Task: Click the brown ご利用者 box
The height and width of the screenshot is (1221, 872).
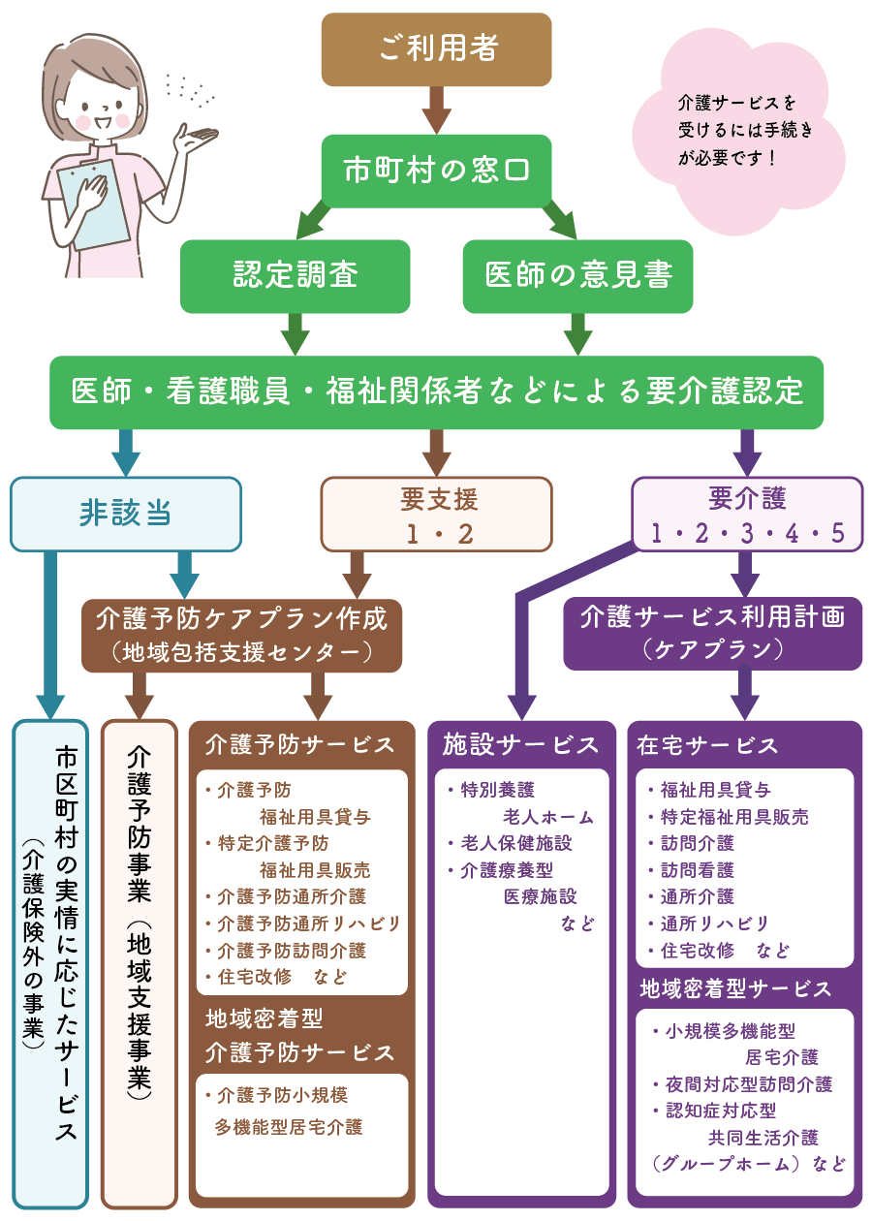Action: (436, 49)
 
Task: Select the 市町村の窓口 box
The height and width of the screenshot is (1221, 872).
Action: (436, 170)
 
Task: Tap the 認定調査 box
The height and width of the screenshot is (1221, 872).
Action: (296, 276)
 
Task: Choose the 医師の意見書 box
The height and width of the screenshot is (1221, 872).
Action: (577, 276)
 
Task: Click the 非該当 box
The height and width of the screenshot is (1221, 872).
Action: (125, 514)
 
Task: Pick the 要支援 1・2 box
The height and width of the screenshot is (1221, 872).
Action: (436, 514)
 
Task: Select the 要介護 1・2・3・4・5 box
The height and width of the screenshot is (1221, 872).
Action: (747, 514)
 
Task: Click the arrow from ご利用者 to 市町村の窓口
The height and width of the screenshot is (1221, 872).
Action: (436, 109)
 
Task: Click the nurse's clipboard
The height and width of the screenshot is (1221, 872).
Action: (92, 203)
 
